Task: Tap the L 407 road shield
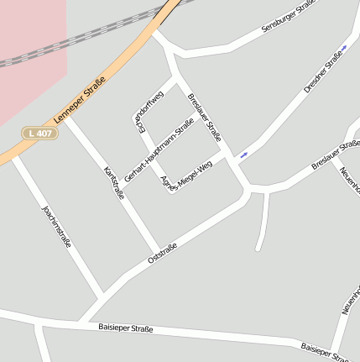tap(39, 133)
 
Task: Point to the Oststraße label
tap(162, 252)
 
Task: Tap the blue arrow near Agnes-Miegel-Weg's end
tap(243, 154)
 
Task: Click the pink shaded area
tap(29, 67)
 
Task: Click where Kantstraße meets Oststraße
tap(158, 253)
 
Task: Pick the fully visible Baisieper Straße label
tap(125, 328)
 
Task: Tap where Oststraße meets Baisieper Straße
tap(80, 322)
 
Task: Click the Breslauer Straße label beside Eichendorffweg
tap(205, 115)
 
